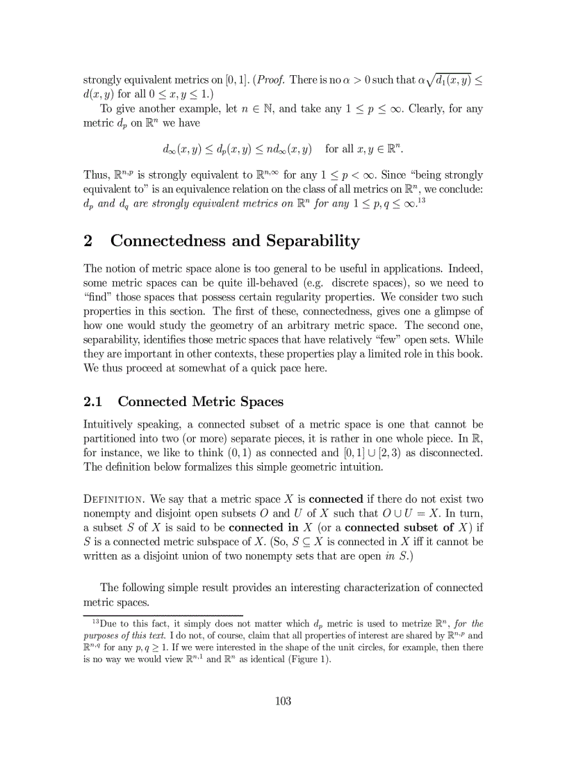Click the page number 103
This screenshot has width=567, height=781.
283,700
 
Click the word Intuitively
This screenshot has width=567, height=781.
111,424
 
